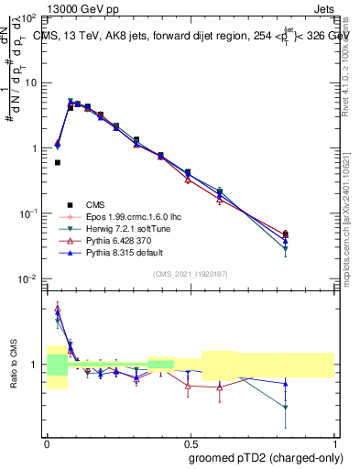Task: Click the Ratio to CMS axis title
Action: point(14,364)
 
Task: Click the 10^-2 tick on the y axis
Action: point(29,278)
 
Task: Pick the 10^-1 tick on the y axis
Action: point(29,213)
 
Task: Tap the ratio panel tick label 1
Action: point(35,365)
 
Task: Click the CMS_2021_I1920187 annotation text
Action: point(191,274)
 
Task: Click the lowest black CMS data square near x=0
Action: point(58,163)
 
